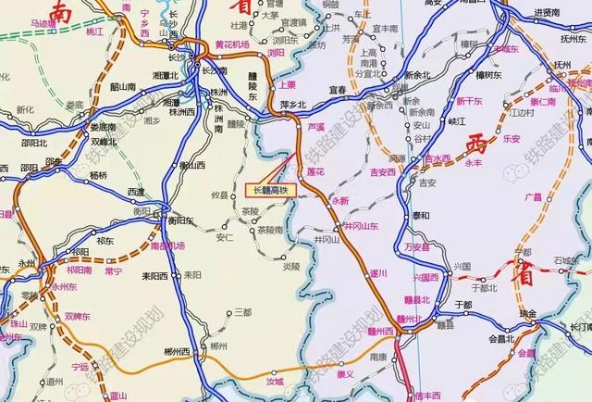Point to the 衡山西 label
tap(192, 166)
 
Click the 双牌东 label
tap(79, 316)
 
